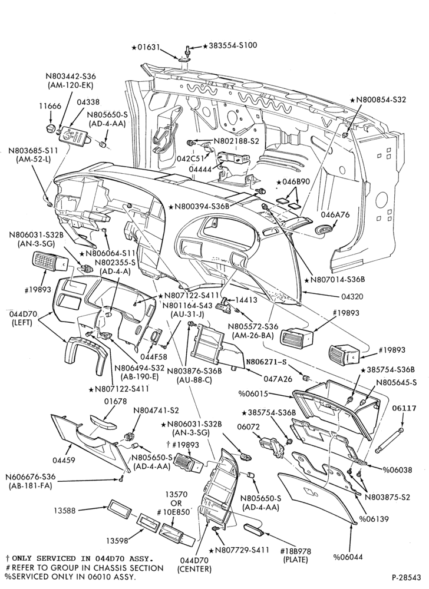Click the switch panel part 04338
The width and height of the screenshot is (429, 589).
point(75,135)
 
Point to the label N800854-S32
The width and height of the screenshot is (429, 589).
point(378,100)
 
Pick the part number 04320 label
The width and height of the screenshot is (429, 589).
point(352,296)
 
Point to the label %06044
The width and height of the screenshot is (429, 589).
point(348,557)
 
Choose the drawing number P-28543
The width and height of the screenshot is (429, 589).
point(407,576)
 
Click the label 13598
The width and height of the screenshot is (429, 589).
point(117,540)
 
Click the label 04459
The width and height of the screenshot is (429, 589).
point(64,460)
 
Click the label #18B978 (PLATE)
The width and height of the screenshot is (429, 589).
point(296,555)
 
